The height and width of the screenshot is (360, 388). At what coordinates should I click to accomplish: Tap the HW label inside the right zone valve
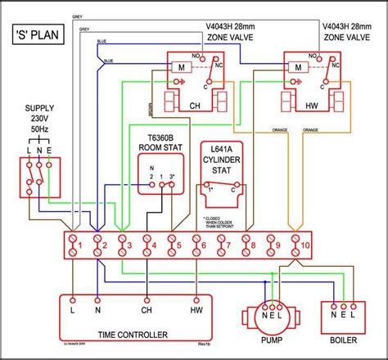312,106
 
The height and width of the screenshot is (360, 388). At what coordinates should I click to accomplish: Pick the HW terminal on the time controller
197,311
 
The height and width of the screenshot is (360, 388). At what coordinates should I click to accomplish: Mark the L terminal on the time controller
73,311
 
